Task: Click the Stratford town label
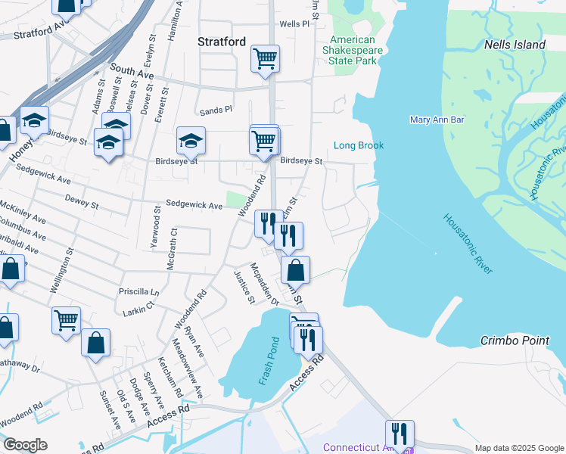pos(222,42)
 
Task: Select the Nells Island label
pos(515,45)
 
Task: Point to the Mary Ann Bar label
pos(437,120)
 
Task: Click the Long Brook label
pos(359,145)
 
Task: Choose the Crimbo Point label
pos(515,341)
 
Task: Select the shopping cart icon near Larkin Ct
pos(66,320)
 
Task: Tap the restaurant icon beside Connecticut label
pos(399,434)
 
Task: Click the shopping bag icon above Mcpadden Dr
pos(295,269)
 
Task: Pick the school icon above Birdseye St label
pos(191,140)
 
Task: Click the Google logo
pos(25,445)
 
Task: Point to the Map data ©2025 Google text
pos(518,448)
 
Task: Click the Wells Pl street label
pos(294,24)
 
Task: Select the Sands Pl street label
pos(216,110)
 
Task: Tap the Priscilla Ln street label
pos(139,291)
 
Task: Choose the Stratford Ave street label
pos(42,33)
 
